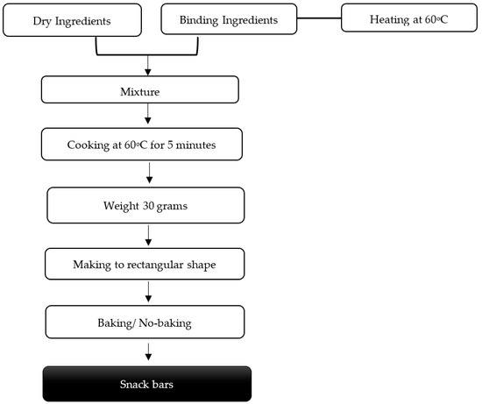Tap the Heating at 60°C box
pyautogui.click(x=408, y=18)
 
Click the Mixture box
pyautogui.click(x=140, y=89)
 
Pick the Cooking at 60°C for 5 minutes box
pyautogui.click(x=140, y=145)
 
